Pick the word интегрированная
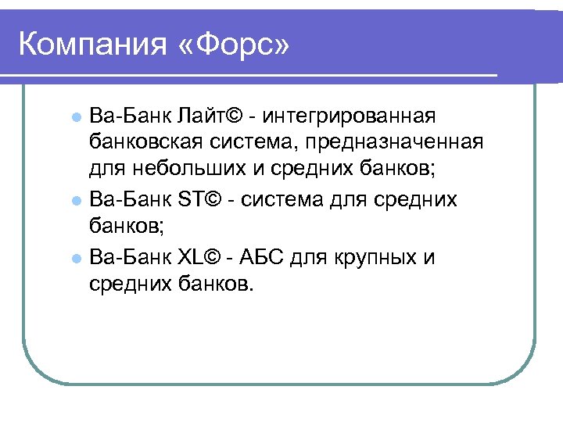(x=350, y=116)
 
